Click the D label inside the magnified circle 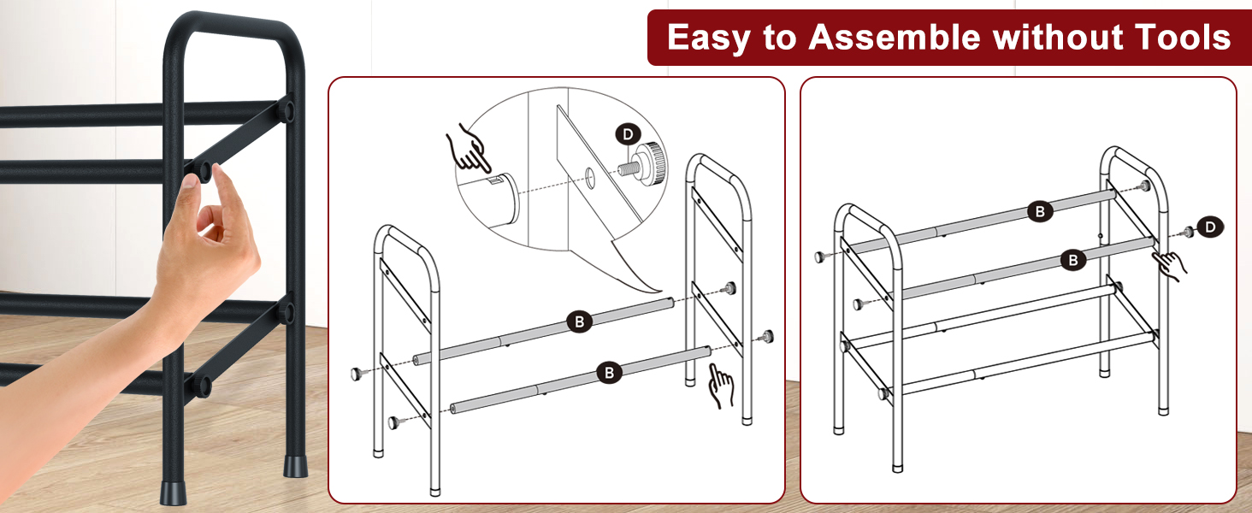[629, 135]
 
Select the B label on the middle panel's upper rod [580, 321]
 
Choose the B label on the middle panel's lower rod [609, 372]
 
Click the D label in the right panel [1210, 227]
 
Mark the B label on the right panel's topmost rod [1040, 211]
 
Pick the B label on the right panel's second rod [1073, 259]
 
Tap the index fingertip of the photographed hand [220, 172]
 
